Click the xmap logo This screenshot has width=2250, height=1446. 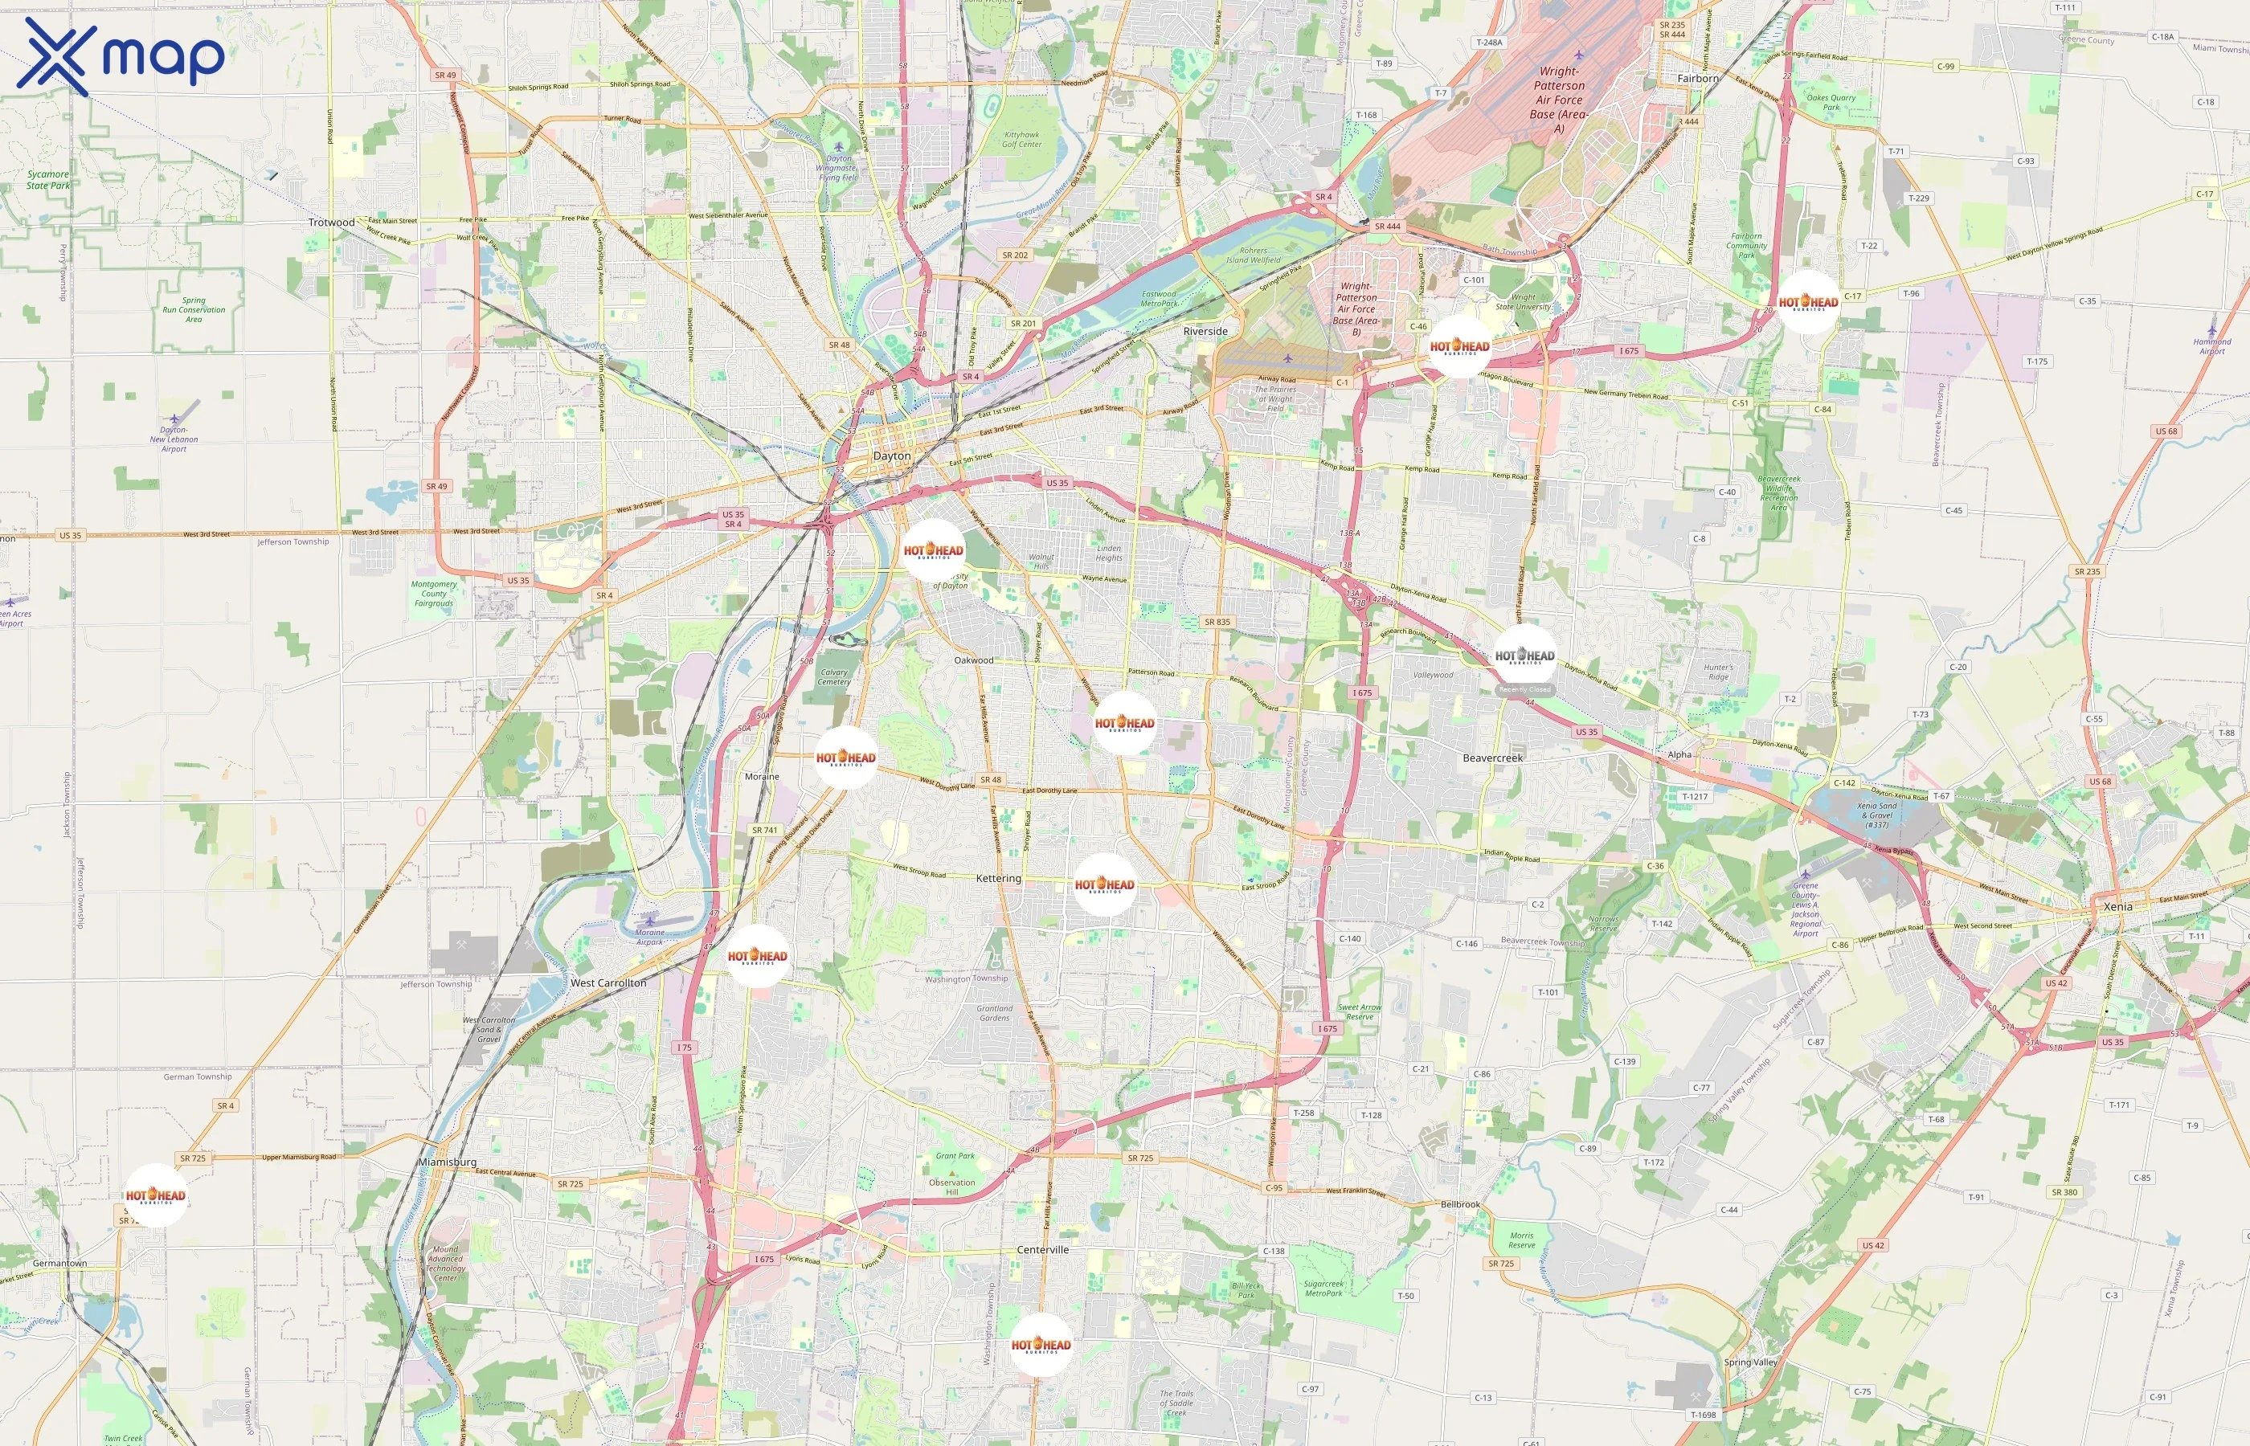coord(121,56)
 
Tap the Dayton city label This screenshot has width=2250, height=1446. coord(891,455)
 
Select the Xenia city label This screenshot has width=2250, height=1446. coord(2117,906)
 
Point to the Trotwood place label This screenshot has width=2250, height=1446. coord(332,223)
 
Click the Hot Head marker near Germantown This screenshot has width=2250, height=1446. coord(156,1195)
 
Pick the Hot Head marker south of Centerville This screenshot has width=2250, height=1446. coord(1041,1345)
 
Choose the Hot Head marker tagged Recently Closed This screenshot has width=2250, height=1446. coord(1524,656)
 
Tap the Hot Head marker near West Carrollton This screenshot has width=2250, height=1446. coord(757,956)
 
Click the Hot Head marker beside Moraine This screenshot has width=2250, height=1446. coord(845,757)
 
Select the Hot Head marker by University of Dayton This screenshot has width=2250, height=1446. coord(934,550)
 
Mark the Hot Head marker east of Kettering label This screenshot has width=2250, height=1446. coord(1104,884)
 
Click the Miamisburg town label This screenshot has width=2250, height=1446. coord(447,1162)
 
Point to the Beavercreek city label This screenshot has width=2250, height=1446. coord(1492,758)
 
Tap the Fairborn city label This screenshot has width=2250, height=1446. coord(1698,78)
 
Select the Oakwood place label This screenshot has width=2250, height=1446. coord(973,660)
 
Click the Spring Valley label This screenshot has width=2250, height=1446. coord(1750,1362)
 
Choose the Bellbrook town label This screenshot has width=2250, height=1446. coord(1460,1203)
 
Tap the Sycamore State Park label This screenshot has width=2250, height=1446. coord(48,179)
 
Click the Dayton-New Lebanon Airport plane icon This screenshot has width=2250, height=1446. coord(174,418)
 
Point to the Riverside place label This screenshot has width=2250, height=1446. coord(1205,332)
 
